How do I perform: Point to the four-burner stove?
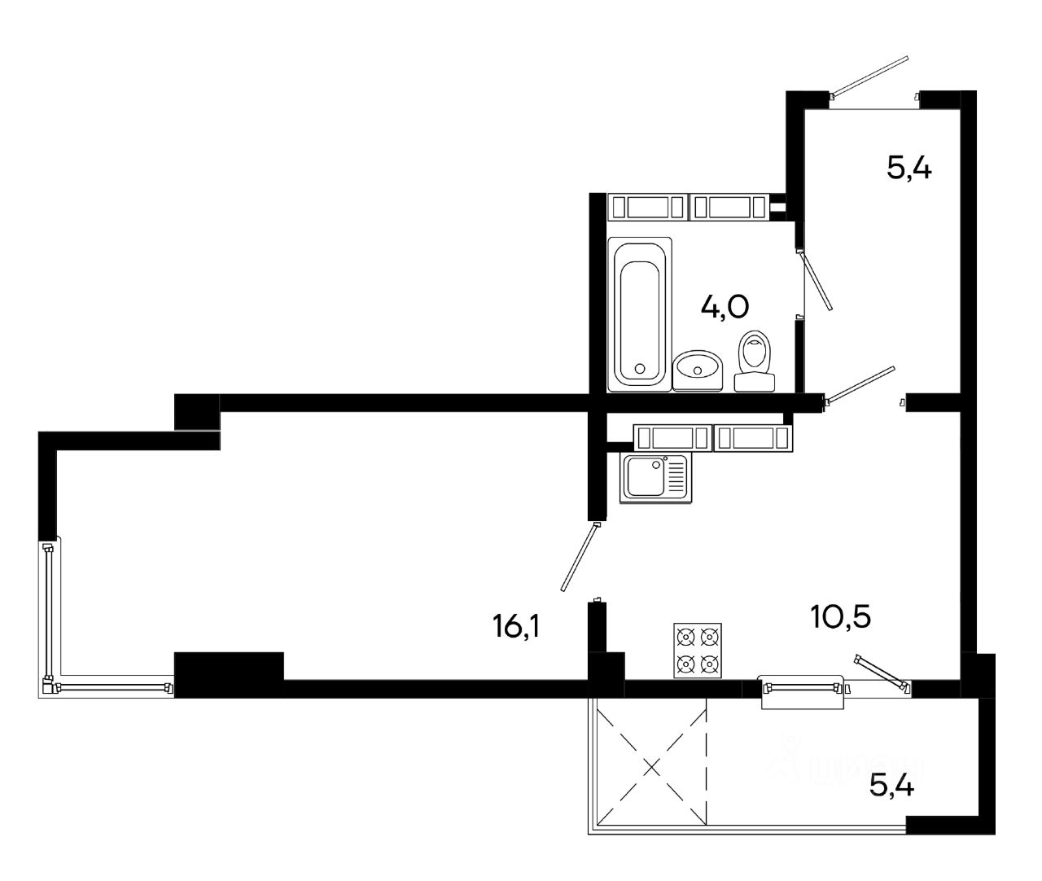pyautogui.click(x=698, y=651)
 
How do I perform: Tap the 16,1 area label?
pyautogui.click(x=516, y=628)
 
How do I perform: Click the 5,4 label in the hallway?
pyautogui.click(x=908, y=169)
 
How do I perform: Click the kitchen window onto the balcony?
pyautogui.click(x=803, y=689)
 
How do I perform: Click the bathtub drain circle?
pyautogui.click(x=640, y=370)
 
